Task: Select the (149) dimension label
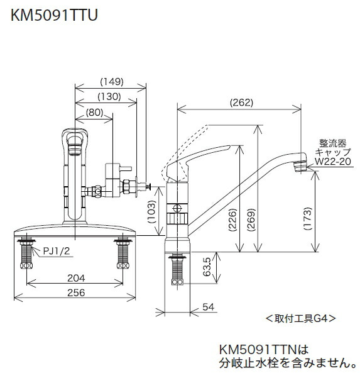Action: tap(111, 81)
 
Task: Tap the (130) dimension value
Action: tap(109, 96)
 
